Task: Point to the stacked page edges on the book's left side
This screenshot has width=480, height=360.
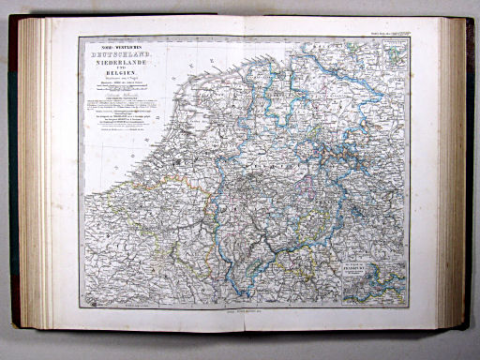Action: [37, 178]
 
